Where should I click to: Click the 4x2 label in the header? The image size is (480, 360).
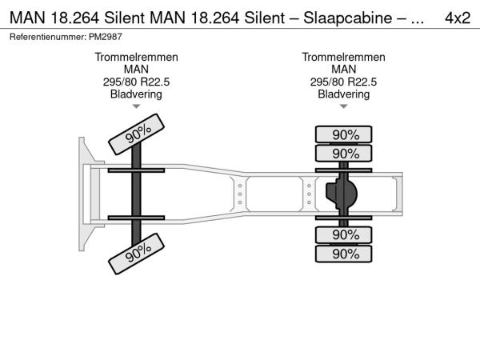point(458,18)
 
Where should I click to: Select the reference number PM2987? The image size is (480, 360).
point(106,37)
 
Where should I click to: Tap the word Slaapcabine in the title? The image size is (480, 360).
point(347,18)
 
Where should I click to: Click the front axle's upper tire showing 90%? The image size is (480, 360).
point(137,134)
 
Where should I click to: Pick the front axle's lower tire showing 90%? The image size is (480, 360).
point(137,254)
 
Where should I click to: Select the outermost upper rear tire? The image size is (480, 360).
point(343,134)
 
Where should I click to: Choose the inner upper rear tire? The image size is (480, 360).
point(343,154)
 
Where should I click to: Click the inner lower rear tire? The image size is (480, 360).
point(343,234)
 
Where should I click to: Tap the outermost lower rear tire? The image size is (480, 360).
point(343,254)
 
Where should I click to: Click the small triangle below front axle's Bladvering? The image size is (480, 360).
point(136,106)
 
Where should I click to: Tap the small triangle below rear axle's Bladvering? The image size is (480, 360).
point(343,106)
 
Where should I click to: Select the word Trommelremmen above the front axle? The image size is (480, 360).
point(136,58)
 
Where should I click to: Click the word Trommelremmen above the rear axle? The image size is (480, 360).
point(343,58)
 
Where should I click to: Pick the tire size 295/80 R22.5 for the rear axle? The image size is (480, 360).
point(343,82)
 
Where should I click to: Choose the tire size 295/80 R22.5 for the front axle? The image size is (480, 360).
point(136,82)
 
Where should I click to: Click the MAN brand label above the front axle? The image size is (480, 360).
point(136,70)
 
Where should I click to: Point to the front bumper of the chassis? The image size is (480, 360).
point(82,194)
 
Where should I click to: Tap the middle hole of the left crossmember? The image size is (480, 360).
point(240,194)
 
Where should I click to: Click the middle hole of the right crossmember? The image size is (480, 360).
point(309,194)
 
